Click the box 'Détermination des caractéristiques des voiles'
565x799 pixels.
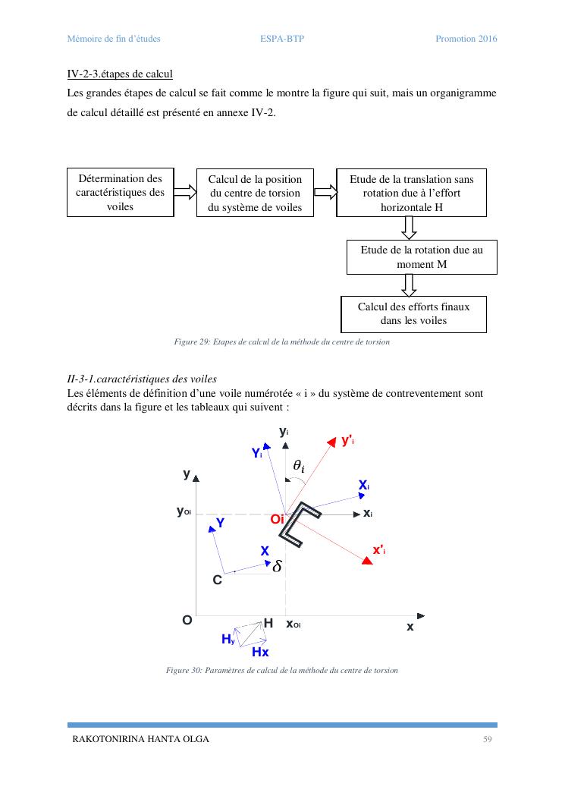121,192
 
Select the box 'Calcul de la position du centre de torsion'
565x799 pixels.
255,193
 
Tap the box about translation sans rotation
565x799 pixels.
412,193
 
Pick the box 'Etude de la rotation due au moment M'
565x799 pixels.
422,256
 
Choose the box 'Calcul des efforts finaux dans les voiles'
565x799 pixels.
413,313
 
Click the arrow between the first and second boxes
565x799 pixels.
184,192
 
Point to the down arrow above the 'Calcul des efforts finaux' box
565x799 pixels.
410,285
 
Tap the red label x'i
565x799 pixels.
378,550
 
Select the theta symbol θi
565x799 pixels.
299,467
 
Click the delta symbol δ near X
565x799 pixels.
277,566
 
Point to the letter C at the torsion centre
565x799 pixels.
217,580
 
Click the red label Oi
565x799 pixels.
276,520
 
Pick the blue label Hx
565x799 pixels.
260,652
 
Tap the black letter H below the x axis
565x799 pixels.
268,624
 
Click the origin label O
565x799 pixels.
187,620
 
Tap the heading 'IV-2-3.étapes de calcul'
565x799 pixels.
120,74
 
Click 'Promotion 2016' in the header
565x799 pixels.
466,39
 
